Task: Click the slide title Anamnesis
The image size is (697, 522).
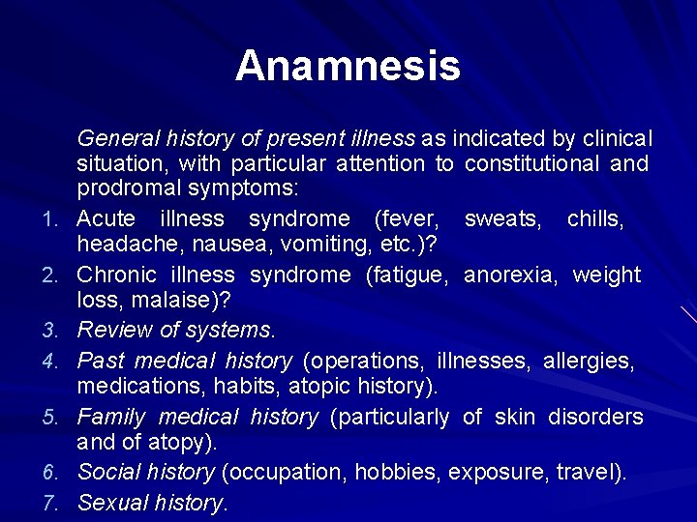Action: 348,67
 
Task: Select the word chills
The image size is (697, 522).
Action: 595,218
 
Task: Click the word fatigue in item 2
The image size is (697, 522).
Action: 408,275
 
